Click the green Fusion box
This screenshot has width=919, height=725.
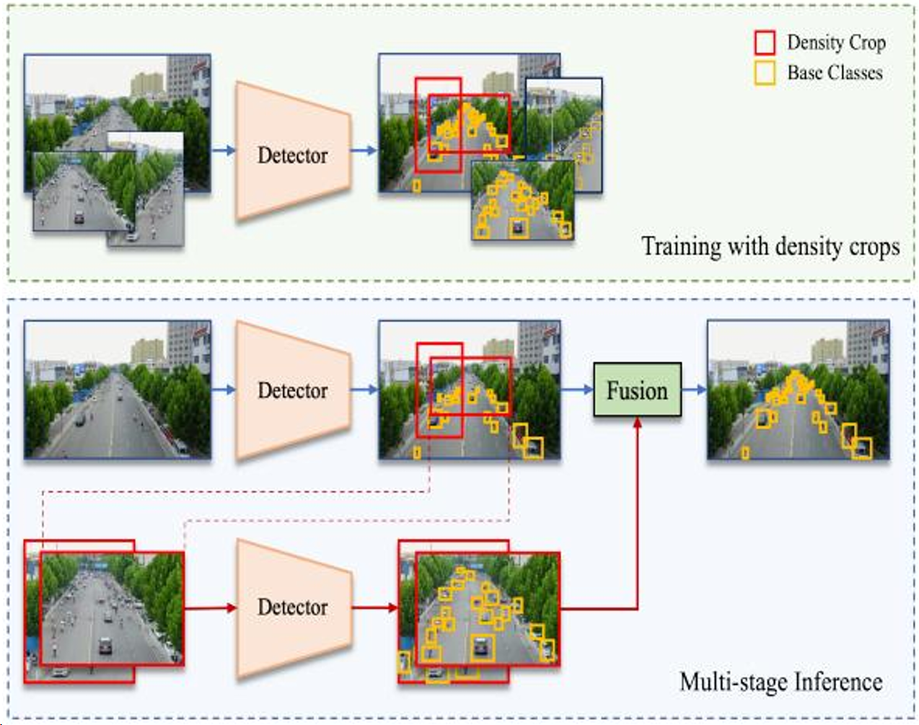click(637, 390)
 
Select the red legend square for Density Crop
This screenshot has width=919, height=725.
click(765, 43)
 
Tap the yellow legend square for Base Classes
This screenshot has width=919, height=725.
click(765, 73)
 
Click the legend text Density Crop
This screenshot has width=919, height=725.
click(836, 43)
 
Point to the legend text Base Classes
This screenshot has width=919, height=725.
click(835, 73)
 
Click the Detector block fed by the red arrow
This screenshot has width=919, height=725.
click(293, 607)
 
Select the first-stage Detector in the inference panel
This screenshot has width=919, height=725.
click(293, 390)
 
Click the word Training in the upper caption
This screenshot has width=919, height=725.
click(681, 247)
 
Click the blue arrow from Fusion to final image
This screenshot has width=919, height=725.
click(694, 390)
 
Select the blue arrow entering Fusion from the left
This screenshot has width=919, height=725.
click(577, 390)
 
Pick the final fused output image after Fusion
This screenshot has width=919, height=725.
click(798, 390)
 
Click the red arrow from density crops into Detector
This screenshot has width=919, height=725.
click(210, 607)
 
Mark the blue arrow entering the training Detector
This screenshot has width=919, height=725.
click(224, 151)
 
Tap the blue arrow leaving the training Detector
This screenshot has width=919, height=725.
click(364, 151)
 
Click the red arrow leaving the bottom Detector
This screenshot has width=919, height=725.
click(375, 607)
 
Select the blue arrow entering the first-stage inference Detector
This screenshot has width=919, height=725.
click(224, 390)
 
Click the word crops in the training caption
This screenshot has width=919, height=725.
click(874, 247)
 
